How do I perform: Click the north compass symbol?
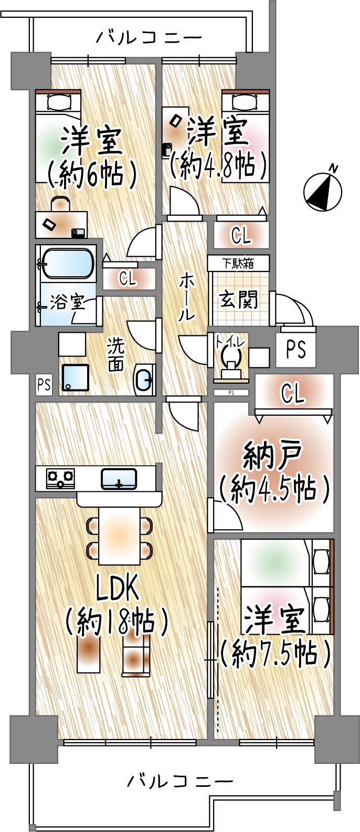point(323,191)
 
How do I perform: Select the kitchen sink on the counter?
point(119,478)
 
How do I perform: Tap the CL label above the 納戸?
point(292,393)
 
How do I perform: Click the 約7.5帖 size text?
point(275,652)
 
